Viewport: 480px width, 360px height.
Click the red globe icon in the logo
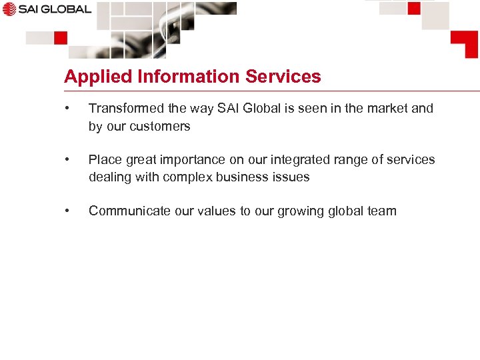(8, 9)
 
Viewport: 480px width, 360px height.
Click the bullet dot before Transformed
(67, 108)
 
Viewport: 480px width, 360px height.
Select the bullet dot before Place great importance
(67, 159)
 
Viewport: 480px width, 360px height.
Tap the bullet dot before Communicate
(67, 211)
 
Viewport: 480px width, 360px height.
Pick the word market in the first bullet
(387, 108)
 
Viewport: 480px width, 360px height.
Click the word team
(381, 211)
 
